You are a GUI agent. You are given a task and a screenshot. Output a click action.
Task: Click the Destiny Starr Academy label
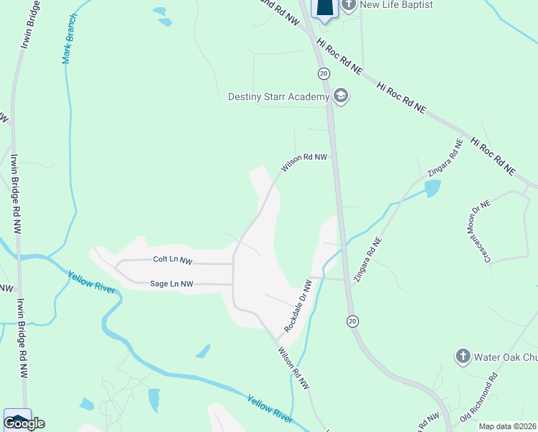point(278,96)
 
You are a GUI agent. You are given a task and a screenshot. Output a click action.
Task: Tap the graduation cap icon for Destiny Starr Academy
point(340,96)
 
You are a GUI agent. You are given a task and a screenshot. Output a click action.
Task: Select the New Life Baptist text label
point(396,5)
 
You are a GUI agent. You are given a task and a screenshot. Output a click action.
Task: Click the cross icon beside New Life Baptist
point(349,5)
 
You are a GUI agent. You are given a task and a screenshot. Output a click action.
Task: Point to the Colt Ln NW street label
point(173,260)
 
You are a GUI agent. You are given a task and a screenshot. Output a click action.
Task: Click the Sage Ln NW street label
point(171,284)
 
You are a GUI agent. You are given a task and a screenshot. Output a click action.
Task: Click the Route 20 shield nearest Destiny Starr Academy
point(324,73)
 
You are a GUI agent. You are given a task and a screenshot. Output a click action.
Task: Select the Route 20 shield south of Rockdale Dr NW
point(352,320)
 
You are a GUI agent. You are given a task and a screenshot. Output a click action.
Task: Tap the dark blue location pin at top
point(325,8)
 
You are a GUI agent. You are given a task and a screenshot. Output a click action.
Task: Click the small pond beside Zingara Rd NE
point(432,189)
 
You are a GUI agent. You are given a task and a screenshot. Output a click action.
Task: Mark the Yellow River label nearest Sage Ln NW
point(91,282)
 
